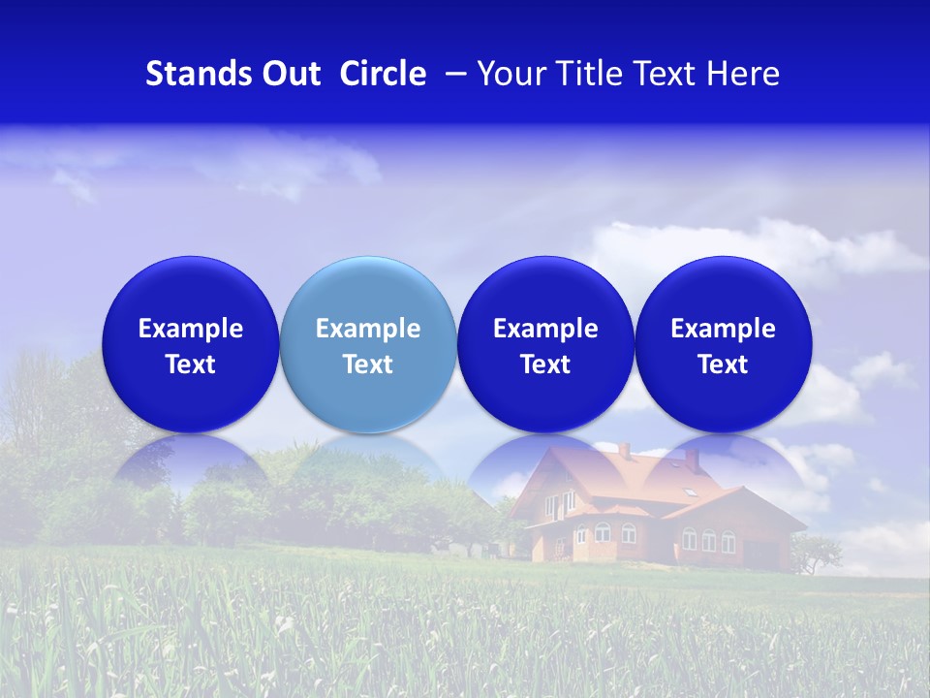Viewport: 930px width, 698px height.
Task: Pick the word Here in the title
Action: click(743, 74)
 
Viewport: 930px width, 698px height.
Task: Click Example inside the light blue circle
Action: click(367, 329)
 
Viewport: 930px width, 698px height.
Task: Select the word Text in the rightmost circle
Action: click(723, 365)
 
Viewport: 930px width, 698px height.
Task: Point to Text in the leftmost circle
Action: click(190, 365)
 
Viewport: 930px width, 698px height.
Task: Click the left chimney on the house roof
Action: click(625, 450)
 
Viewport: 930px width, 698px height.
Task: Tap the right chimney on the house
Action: click(692, 460)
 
